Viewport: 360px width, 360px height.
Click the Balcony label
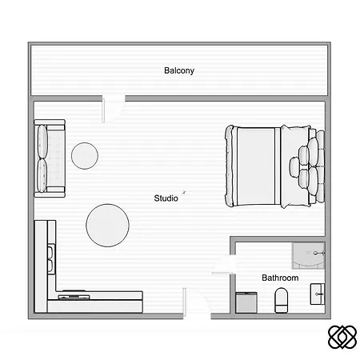click(179, 70)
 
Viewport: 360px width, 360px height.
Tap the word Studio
click(166, 198)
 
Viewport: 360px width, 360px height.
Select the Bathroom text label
click(280, 278)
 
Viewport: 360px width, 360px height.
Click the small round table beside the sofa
click(85, 156)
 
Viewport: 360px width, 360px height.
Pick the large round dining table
click(107, 226)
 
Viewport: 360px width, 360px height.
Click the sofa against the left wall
click(50, 158)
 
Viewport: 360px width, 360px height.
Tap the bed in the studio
click(274, 166)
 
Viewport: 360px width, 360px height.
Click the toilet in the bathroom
click(282, 300)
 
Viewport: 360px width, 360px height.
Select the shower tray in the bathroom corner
click(309, 256)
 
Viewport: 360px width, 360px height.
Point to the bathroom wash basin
click(318, 294)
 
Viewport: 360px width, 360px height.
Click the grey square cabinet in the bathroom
click(246, 302)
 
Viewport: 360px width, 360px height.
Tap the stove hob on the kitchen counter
click(74, 296)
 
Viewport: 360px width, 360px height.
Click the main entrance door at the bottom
click(197, 303)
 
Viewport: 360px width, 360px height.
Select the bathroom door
click(223, 265)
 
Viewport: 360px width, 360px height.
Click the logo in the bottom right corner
click(342, 337)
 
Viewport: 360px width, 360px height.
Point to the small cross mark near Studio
click(184, 192)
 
